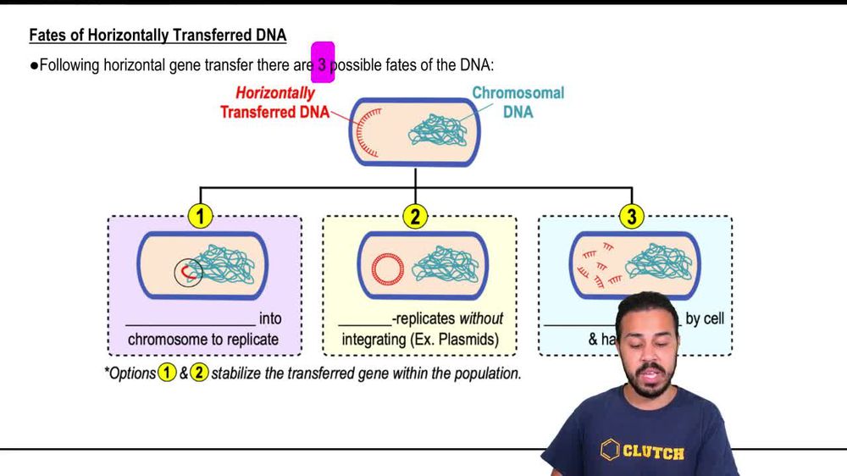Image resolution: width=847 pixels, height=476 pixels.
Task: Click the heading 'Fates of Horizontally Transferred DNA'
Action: coord(158,36)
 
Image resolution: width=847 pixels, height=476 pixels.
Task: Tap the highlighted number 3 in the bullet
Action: coord(323,64)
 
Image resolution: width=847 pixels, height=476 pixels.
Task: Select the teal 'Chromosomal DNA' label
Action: coord(518,102)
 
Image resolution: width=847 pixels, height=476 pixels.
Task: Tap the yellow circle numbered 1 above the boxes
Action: coord(200,217)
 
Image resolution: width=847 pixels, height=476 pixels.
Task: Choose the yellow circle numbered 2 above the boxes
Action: coord(415,217)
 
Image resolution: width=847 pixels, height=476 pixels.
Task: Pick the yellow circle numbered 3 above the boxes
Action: coord(631,217)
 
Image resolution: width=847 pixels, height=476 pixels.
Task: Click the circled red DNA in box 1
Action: coord(189,271)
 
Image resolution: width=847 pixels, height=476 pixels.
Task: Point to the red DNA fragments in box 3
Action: coord(597,263)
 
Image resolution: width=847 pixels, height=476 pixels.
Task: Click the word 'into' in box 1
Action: coord(271,319)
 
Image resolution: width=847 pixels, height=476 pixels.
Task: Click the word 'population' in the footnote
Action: coord(485,374)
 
